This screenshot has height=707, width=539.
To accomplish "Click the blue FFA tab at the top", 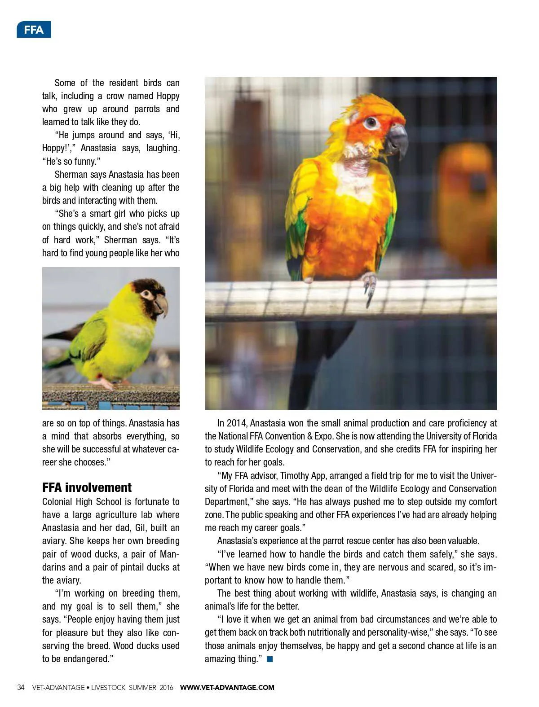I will tap(34, 30).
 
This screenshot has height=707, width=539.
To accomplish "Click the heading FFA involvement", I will tap(87, 487).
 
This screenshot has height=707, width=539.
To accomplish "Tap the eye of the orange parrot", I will tap(371, 123).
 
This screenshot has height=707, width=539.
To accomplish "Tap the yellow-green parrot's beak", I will tap(161, 305).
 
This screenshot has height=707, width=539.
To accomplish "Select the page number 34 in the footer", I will tap(21, 687).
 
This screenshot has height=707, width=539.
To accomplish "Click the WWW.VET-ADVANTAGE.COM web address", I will tap(227, 687).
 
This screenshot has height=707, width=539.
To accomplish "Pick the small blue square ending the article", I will tap(269, 659).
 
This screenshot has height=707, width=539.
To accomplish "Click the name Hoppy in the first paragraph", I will tap(168, 96).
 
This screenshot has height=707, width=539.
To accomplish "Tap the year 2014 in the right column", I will tap(237, 423).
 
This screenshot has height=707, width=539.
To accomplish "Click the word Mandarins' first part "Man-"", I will tap(170, 554).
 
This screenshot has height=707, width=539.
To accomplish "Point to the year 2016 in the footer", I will tap(166, 687).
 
